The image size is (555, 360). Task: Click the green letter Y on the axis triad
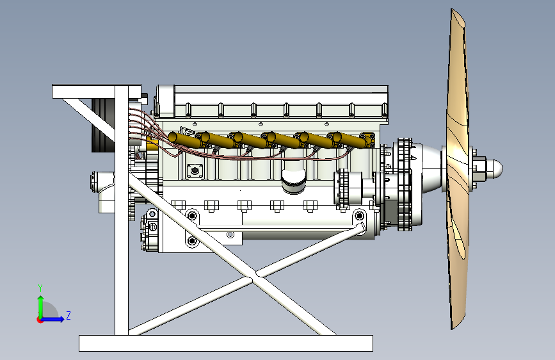pyautogui.click(x=40, y=288)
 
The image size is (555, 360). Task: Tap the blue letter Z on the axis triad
pyautogui.click(x=68, y=315)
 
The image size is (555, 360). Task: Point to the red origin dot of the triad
pyautogui.click(x=40, y=320)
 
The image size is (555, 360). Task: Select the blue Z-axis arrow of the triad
pyautogui.click(x=53, y=319)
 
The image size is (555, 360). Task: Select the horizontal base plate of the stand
pyautogui.click(x=226, y=343)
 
